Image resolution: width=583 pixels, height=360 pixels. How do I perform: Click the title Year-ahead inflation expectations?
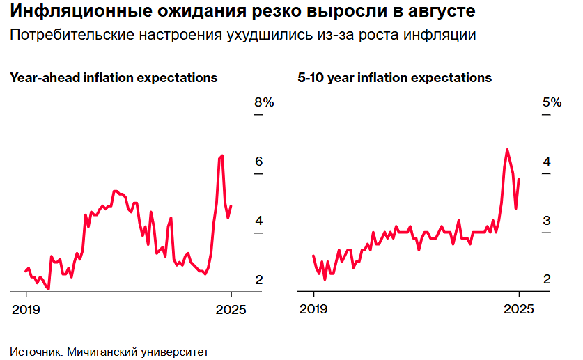coord(114,78)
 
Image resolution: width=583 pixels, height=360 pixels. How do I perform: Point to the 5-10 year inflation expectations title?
coord(395,78)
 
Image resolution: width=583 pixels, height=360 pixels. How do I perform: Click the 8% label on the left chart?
coord(264,102)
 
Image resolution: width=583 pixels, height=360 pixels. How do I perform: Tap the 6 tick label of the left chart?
coord(258,162)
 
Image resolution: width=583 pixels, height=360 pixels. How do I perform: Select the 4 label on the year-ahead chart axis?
coord(258,221)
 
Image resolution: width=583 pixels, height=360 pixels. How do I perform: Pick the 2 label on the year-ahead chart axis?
coord(258,280)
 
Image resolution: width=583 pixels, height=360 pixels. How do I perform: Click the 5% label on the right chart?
coord(552,102)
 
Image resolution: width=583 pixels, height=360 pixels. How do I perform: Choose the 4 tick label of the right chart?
coord(547,162)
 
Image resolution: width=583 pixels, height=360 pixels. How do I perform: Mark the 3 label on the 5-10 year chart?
coord(547,221)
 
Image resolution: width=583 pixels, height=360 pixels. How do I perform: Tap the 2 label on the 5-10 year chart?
coord(547,280)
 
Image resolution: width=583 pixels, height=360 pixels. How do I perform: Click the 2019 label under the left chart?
coord(26,311)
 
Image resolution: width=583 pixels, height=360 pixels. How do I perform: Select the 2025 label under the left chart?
coord(231,311)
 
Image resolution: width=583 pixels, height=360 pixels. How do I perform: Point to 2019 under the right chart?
coord(313,311)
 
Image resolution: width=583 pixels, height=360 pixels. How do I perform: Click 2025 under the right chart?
coord(519,311)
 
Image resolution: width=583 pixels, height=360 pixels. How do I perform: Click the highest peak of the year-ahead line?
coord(221,155)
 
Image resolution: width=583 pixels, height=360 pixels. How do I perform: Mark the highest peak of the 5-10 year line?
coord(506,150)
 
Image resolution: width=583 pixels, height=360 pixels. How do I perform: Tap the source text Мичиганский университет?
coord(137,351)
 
